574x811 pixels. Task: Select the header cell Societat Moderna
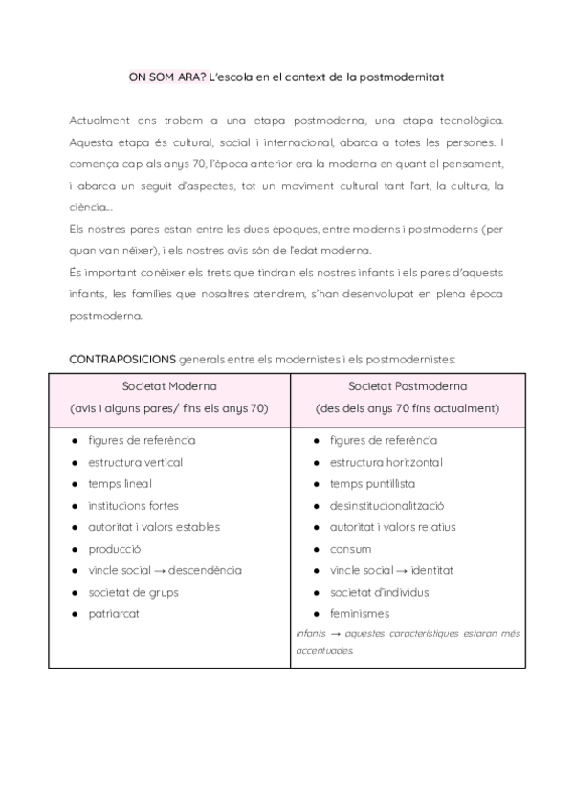[x=169, y=386]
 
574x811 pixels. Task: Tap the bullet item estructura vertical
[x=135, y=462]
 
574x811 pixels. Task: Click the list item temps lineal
[x=120, y=484]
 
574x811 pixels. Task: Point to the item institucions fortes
[x=133, y=505]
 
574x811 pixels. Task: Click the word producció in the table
[x=114, y=549]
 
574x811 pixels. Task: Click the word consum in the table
[x=350, y=549]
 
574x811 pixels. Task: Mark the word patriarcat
[x=113, y=614]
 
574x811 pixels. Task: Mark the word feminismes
[x=360, y=614]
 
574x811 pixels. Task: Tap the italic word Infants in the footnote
[x=311, y=633]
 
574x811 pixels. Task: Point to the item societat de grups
[x=133, y=592]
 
